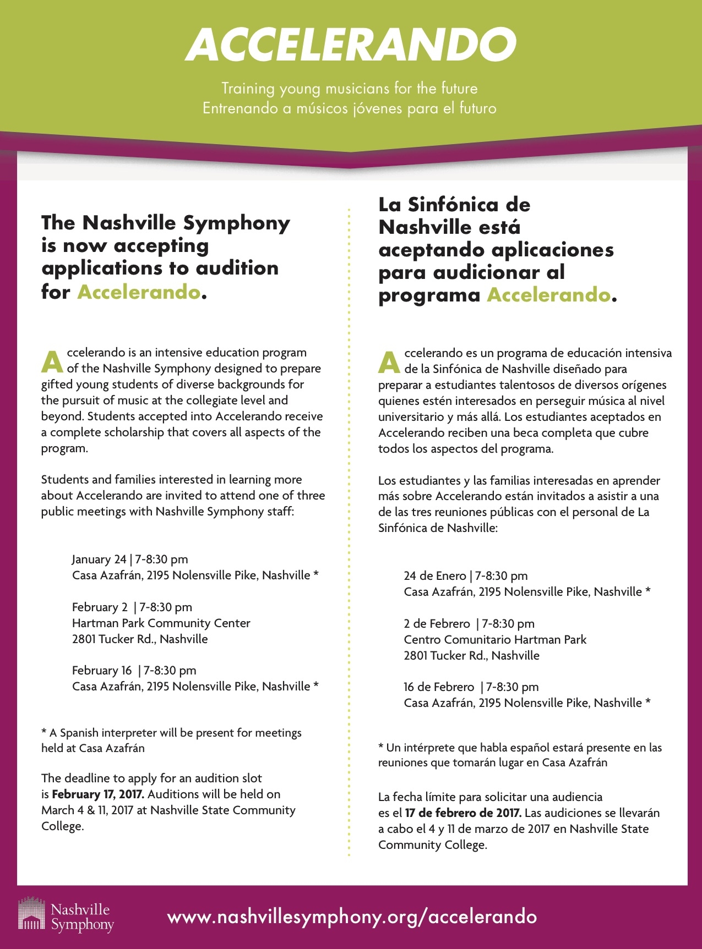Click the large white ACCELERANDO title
pyautogui.click(x=351, y=45)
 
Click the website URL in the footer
pyautogui.click(x=352, y=917)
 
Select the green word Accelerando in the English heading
pyautogui.click(x=138, y=292)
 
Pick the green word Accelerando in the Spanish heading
pyautogui.click(x=548, y=295)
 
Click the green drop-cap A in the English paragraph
pyautogui.click(x=52, y=361)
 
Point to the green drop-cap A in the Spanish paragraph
pyautogui.click(x=389, y=361)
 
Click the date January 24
pyautogui.click(x=99, y=559)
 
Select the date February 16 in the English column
pyautogui.click(x=102, y=671)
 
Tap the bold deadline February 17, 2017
pyautogui.click(x=98, y=794)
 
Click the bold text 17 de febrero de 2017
pyautogui.click(x=462, y=813)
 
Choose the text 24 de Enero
pyautogui.click(x=434, y=576)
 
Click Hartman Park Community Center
pyautogui.click(x=161, y=623)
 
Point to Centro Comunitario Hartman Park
pyautogui.click(x=495, y=640)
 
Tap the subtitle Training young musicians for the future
pyautogui.click(x=350, y=89)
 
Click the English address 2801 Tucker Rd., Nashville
pyautogui.click(x=140, y=639)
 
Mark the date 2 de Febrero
pyautogui.click(x=437, y=624)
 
